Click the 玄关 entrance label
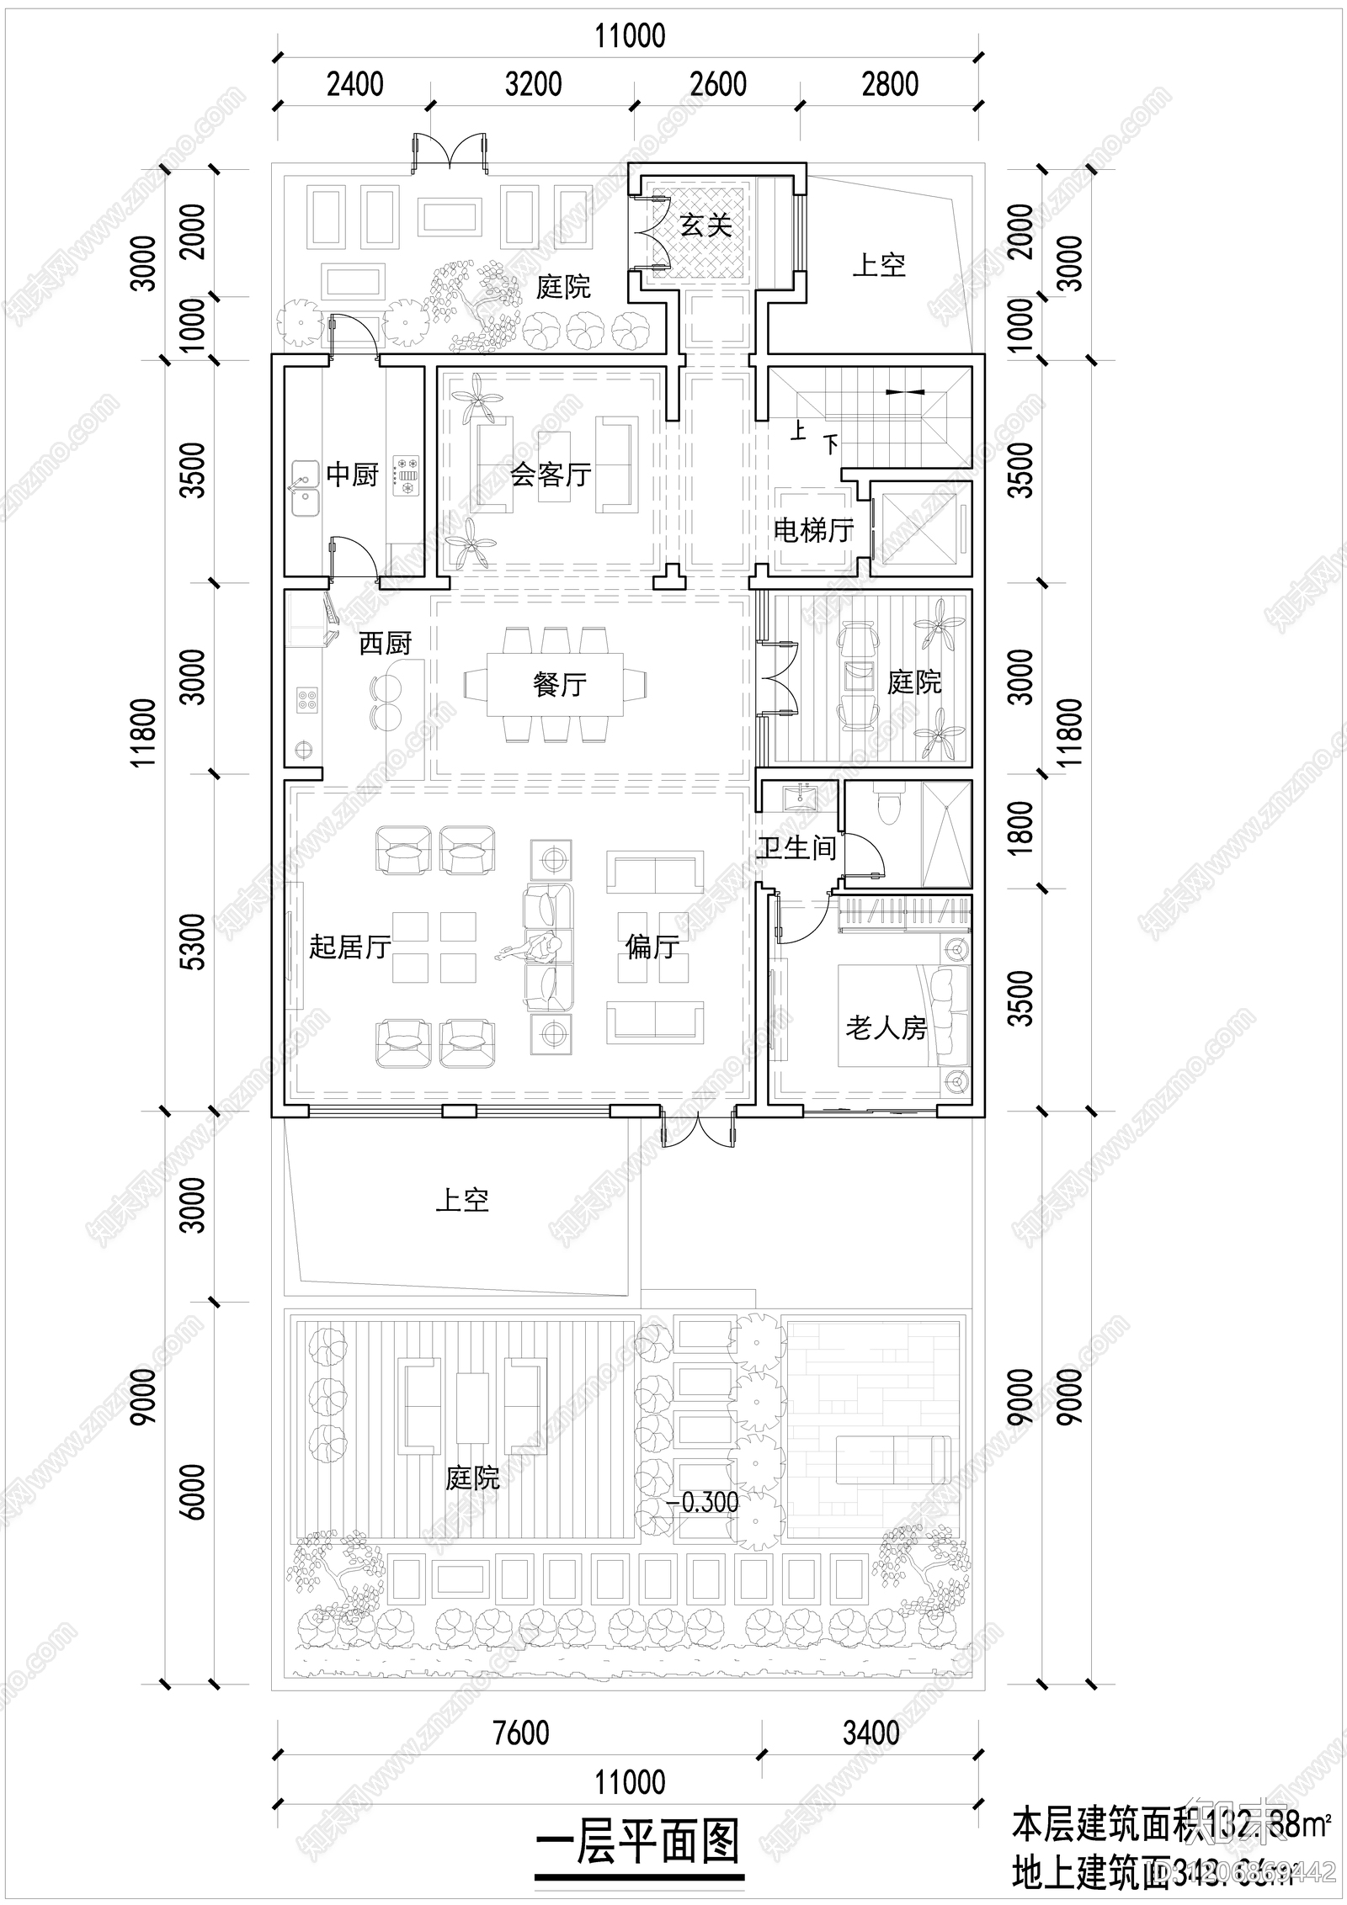coord(705,226)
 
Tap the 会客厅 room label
coord(551,475)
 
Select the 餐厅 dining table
coord(556,683)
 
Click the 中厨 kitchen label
coord(352,475)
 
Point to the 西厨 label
coord(385,644)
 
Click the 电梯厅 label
coord(813,530)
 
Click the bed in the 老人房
coord(902,1016)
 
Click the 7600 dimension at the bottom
coord(521,1733)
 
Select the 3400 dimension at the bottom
coord(870,1733)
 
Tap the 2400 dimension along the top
coord(354,84)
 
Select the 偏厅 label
coord(652,947)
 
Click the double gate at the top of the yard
coord(450,152)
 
